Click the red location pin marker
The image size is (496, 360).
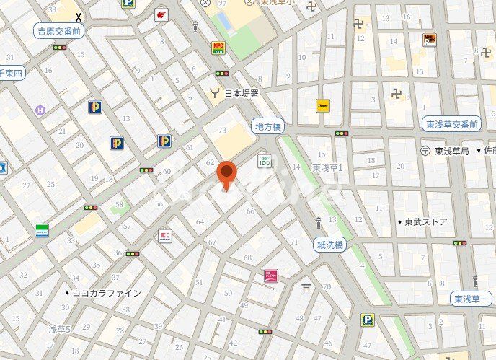point(227,174)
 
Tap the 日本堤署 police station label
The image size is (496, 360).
point(241,93)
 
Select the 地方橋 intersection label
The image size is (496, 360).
point(269,126)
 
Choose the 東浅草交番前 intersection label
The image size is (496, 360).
point(451,125)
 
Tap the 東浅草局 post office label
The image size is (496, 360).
point(451,151)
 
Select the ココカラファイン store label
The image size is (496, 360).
point(106,294)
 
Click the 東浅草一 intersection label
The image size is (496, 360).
point(471,299)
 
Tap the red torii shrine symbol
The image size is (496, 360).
point(306,289)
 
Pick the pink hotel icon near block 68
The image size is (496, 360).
point(271,275)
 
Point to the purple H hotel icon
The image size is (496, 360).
point(40,110)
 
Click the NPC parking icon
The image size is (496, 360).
point(218,48)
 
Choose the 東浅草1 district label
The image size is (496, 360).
point(328,167)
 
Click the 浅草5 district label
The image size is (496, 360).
point(59,329)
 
